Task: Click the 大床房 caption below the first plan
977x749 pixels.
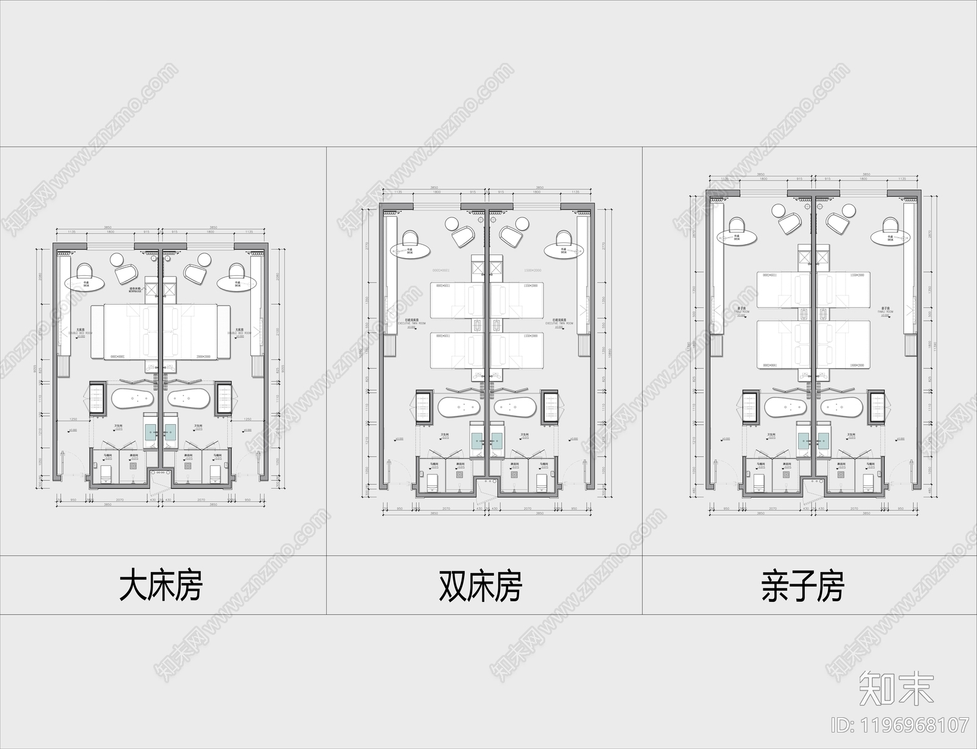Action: click(x=161, y=585)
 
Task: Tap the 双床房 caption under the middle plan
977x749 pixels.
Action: click(x=481, y=585)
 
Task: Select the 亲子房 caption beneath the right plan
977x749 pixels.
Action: click(x=802, y=585)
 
